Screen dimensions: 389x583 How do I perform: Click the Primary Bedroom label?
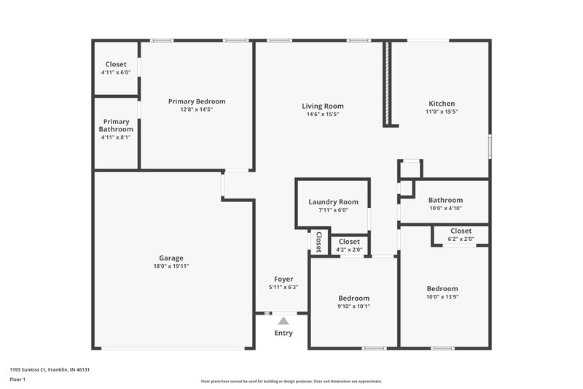tap(197, 101)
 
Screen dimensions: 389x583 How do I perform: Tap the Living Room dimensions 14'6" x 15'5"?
tap(323, 115)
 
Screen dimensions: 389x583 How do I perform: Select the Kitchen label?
tap(441, 104)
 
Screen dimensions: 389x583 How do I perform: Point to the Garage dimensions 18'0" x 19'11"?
tap(171, 266)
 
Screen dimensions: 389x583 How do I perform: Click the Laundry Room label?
tap(333, 202)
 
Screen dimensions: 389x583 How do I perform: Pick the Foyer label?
tap(283, 279)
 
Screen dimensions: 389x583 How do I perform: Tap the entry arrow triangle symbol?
tap(283, 320)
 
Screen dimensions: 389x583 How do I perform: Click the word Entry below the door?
tap(283, 334)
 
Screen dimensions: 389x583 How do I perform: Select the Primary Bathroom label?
tap(117, 126)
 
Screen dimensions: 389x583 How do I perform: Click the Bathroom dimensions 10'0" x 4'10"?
tap(445, 208)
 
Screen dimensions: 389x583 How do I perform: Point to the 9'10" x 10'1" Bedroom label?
tap(353, 298)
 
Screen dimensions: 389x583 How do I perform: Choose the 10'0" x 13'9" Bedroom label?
tap(442, 289)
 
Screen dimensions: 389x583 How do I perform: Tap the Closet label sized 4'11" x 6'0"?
tap(116, 64)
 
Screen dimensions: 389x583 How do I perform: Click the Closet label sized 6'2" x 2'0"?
tap(461, 231)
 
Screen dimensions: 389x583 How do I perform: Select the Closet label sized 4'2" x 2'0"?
tap(349, 242)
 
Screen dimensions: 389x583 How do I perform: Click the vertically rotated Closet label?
tap(318, 241)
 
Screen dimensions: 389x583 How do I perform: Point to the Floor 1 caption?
tap(17, 380)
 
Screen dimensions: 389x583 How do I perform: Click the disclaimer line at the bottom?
tap(291, 381)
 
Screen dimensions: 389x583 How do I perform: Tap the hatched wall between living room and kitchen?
tap(388, 84)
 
